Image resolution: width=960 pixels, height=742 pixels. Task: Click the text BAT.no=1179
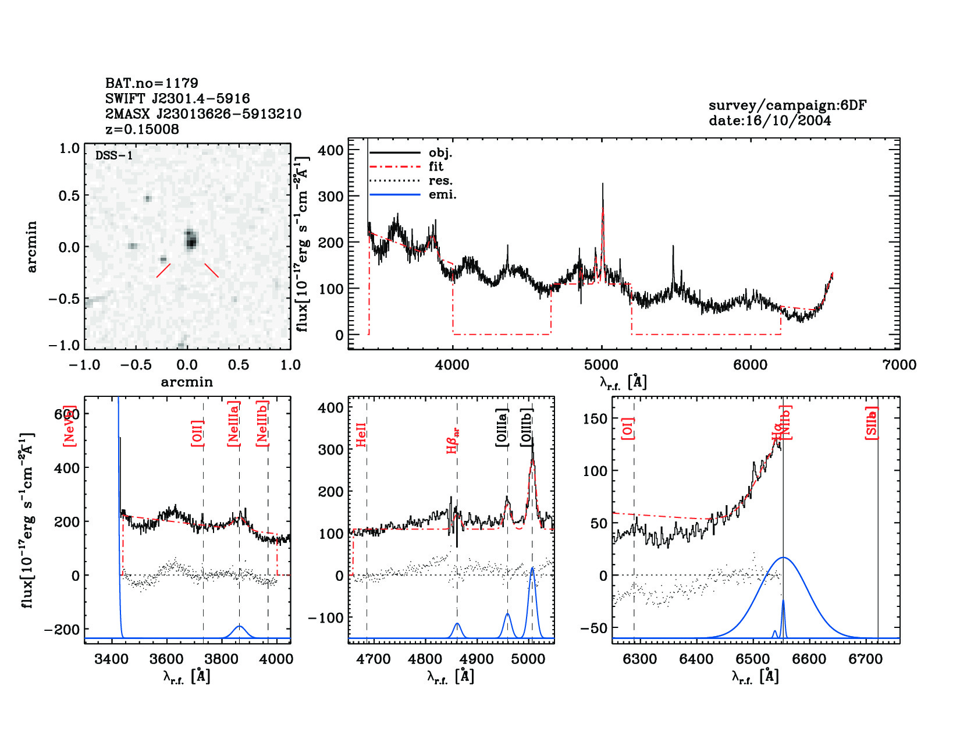pos(151,83)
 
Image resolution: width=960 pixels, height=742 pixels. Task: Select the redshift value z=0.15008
pos(142,129)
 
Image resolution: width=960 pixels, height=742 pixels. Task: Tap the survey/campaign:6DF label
pos(787,105)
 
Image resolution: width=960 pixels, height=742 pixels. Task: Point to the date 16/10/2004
pos(770,120)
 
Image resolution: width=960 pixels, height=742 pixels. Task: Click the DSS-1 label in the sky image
pos(114,155)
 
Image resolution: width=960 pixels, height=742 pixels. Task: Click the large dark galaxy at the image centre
pos(190,239)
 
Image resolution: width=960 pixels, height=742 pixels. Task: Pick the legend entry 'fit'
pos(436,166)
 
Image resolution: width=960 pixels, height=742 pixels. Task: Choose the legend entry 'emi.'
pos(442,194)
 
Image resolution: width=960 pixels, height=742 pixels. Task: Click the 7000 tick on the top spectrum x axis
pos(899,365)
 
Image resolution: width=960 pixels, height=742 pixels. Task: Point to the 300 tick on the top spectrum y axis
pos(331,196)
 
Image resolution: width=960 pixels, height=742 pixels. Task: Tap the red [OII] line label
pos(198,433)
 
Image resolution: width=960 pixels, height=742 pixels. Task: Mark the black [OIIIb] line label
pos(527,427)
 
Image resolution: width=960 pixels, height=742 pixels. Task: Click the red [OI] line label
pos(628,428)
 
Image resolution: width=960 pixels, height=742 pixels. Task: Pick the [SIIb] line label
pos(872,423)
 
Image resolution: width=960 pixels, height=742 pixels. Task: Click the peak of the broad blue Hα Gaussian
pos(784,558)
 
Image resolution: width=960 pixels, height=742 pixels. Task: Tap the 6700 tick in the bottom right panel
pos(866,659)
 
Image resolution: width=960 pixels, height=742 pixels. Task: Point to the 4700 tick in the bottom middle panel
pos(374,659)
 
